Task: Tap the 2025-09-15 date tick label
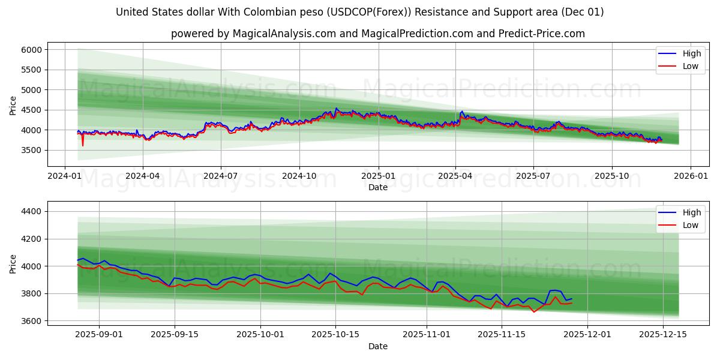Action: tap(175, 334)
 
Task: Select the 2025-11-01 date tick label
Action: tap(427, 334)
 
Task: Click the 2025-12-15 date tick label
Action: tap(663, 334)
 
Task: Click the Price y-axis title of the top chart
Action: tap(13, 106)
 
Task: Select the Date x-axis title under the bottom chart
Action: tap(378, 346)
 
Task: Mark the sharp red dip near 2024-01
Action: tap(83, 145)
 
